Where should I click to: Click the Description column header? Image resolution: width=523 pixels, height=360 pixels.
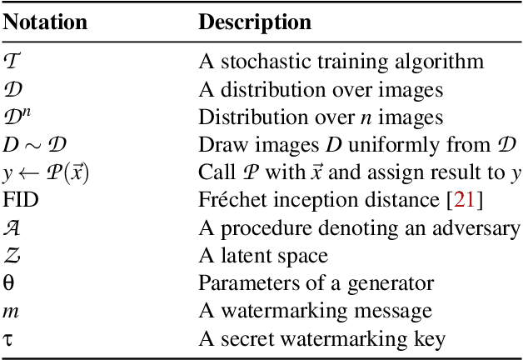tap(254, 22)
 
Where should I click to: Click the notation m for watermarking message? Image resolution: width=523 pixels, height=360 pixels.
tap(10, 312)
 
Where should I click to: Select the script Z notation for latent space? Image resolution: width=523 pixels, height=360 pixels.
tap(11, 256)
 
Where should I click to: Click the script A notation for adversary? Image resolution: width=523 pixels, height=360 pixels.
tap(12, 228)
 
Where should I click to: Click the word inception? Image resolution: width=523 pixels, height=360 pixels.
tap(301, 201)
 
